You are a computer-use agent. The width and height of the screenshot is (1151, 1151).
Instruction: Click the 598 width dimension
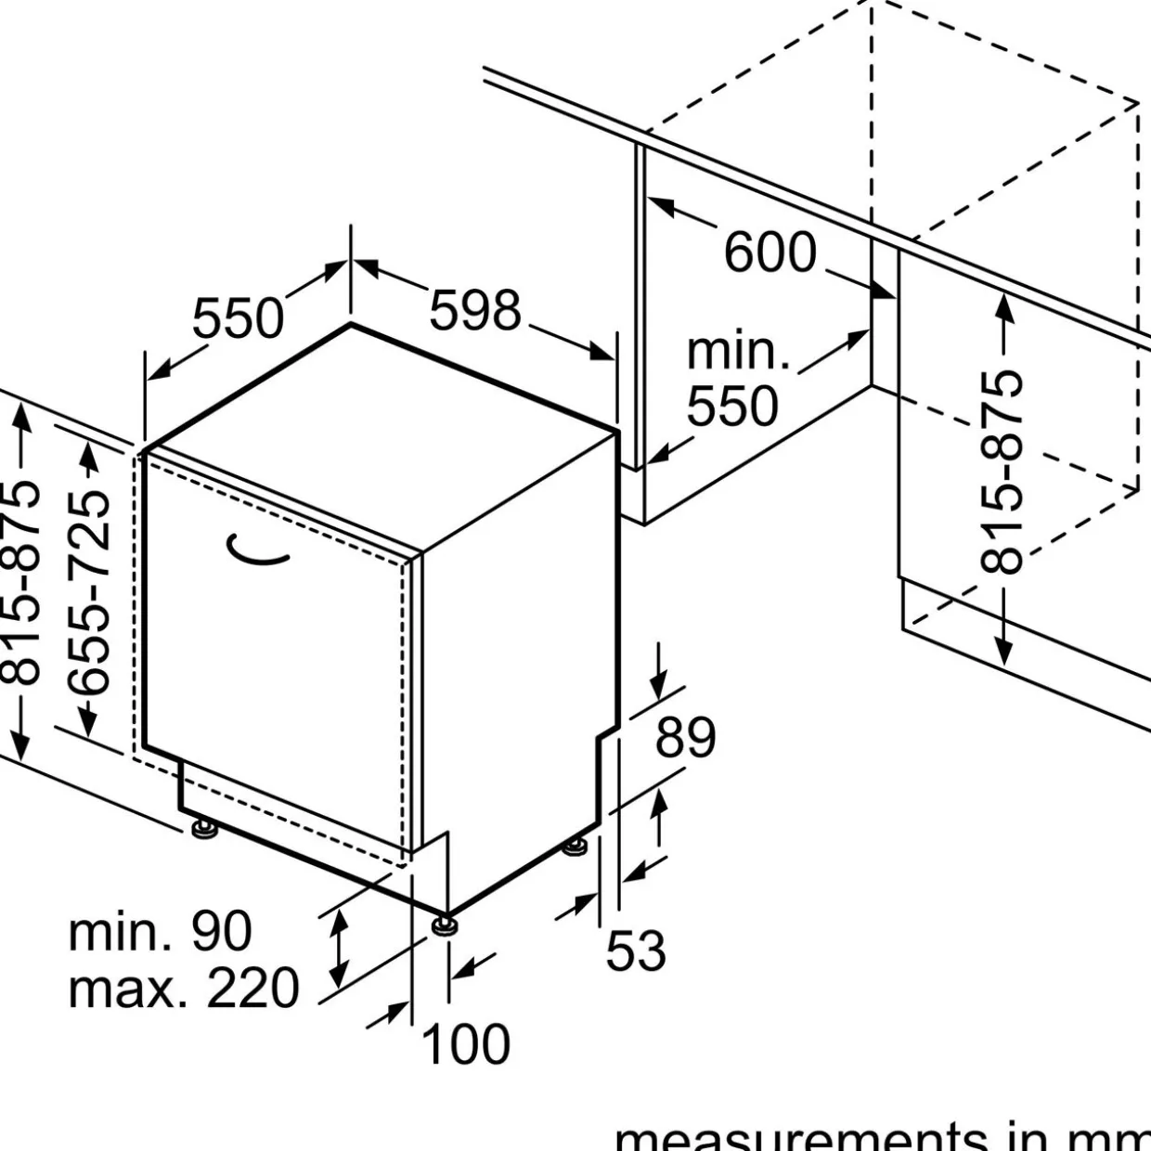(x=474, y=310)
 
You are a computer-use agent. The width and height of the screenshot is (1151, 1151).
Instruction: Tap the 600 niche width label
(x=769, y=252)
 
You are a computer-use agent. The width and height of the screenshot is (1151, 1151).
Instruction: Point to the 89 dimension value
(x=686, y=738)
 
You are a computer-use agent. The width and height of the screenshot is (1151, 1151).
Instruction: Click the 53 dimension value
(x=636, y=951)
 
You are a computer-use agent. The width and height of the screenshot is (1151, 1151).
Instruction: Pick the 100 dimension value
(x=466, y=1043)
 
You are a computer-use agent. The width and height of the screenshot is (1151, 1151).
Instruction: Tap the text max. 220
(x=184, y=988)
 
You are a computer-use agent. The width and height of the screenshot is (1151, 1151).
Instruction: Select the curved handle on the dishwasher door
(x=257, y=551)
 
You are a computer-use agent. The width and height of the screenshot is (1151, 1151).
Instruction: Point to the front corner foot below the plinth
(x=443, y=926)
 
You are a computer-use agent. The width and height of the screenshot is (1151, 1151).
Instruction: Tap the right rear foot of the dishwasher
(x=575, y=847)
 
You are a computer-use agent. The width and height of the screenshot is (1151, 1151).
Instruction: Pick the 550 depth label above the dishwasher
(x=238, y=318)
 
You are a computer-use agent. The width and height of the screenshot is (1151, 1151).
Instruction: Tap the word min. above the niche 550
(x=738, y=352)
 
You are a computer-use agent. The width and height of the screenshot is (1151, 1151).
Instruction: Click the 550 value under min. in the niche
(x=732, y=407)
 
